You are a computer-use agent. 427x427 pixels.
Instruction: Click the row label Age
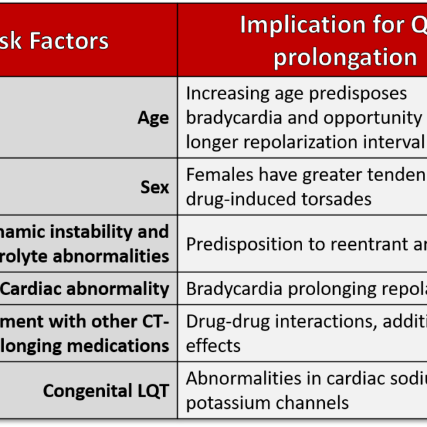pos(153,118)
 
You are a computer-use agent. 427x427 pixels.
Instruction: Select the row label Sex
pos(155,187)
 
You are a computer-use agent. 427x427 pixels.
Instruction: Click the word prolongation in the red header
pos(345,57)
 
